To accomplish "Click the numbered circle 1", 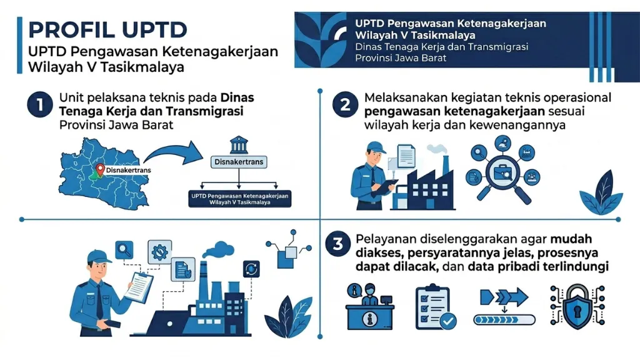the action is pos(40,105).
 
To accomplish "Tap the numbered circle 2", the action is pos(345,105).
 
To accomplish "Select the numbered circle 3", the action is pos(338,244).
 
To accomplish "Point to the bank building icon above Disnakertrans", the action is pos(239,144).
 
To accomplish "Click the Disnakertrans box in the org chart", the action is pos(239,162).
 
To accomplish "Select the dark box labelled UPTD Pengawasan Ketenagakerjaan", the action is pos(239,199).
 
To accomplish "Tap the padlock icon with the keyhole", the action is pos(577,306).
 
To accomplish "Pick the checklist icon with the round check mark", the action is pos(435,307).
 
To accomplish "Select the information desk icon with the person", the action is pos(369,306).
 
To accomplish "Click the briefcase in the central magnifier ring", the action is pos(503,174).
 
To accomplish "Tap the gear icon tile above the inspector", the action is pos(159,252).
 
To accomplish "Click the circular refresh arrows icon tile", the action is pos(251,269).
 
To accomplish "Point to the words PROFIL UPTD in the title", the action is pos(107,30).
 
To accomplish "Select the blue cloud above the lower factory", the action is pos(219,249).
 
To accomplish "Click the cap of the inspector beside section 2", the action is pos(375,147).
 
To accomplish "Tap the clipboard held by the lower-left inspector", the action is pos(139,287).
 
